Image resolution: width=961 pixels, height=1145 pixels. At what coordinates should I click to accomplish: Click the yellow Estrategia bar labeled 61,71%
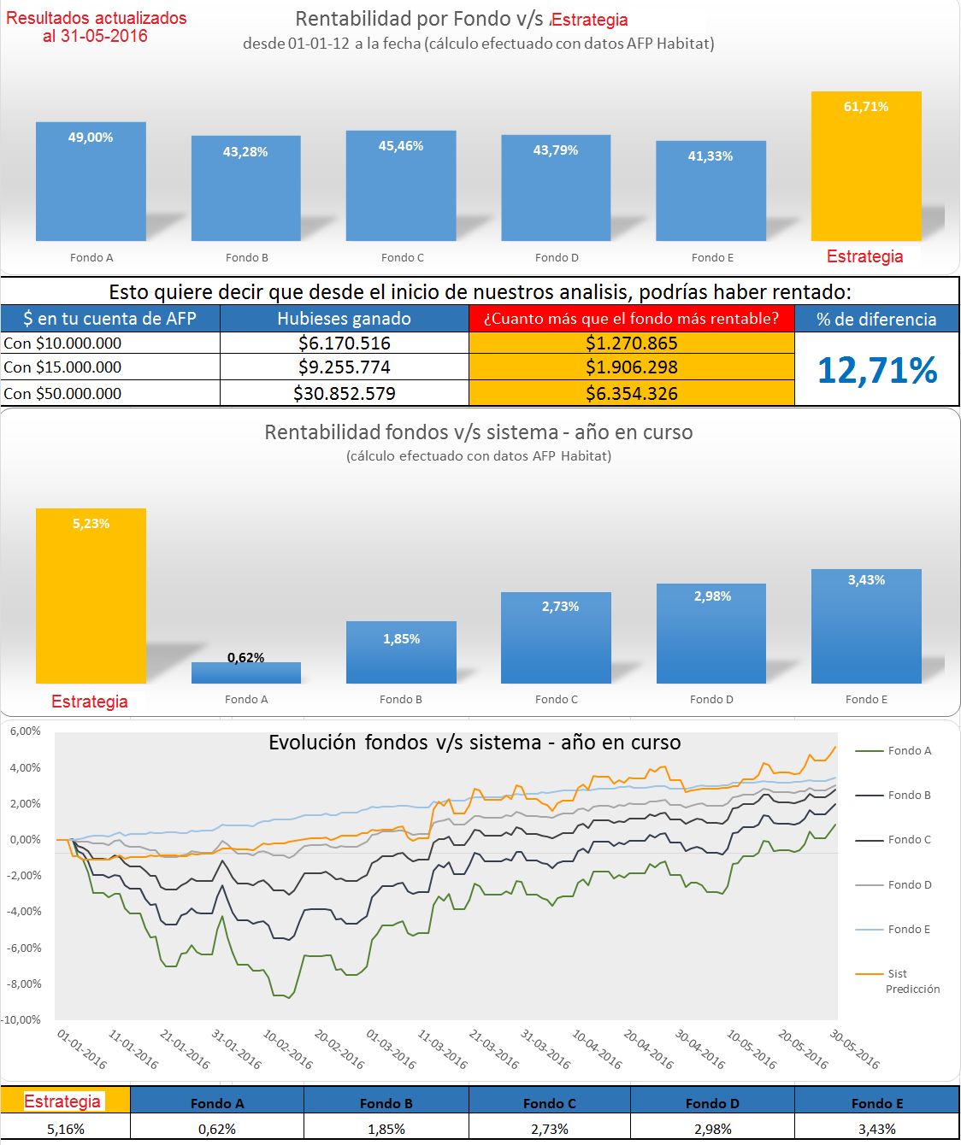click(x=866, y=167)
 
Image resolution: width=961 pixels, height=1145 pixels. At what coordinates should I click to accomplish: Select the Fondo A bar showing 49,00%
click(x=91, y=181)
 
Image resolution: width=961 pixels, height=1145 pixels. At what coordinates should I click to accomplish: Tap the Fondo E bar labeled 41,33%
click(x=710, y=191)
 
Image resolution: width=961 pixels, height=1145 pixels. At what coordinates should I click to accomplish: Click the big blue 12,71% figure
click(x=877, y=370)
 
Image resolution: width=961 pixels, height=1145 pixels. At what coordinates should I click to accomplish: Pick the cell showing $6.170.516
click(x=344, y=343)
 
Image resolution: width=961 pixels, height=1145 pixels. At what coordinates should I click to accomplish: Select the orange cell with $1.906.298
click(x=631, y=367)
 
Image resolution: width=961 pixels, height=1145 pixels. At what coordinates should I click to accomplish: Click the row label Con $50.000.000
click(x=63, y=394)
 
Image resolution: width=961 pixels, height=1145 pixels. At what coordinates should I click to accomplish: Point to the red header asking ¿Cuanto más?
click(x=631, y=319)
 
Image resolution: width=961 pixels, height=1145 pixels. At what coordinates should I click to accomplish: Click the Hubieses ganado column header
click(x=344, y=319)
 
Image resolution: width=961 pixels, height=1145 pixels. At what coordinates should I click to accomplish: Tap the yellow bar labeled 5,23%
click(x=91, y=596)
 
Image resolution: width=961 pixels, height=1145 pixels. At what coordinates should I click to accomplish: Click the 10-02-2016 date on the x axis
click(x=288, y=1049)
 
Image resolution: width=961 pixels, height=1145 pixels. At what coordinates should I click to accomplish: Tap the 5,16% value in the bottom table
click(x=66, y=1129)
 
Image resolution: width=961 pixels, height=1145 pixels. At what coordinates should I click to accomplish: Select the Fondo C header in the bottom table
click(x=549, y=1103)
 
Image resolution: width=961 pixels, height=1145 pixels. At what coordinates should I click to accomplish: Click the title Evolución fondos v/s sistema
click(x=475, y=743)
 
